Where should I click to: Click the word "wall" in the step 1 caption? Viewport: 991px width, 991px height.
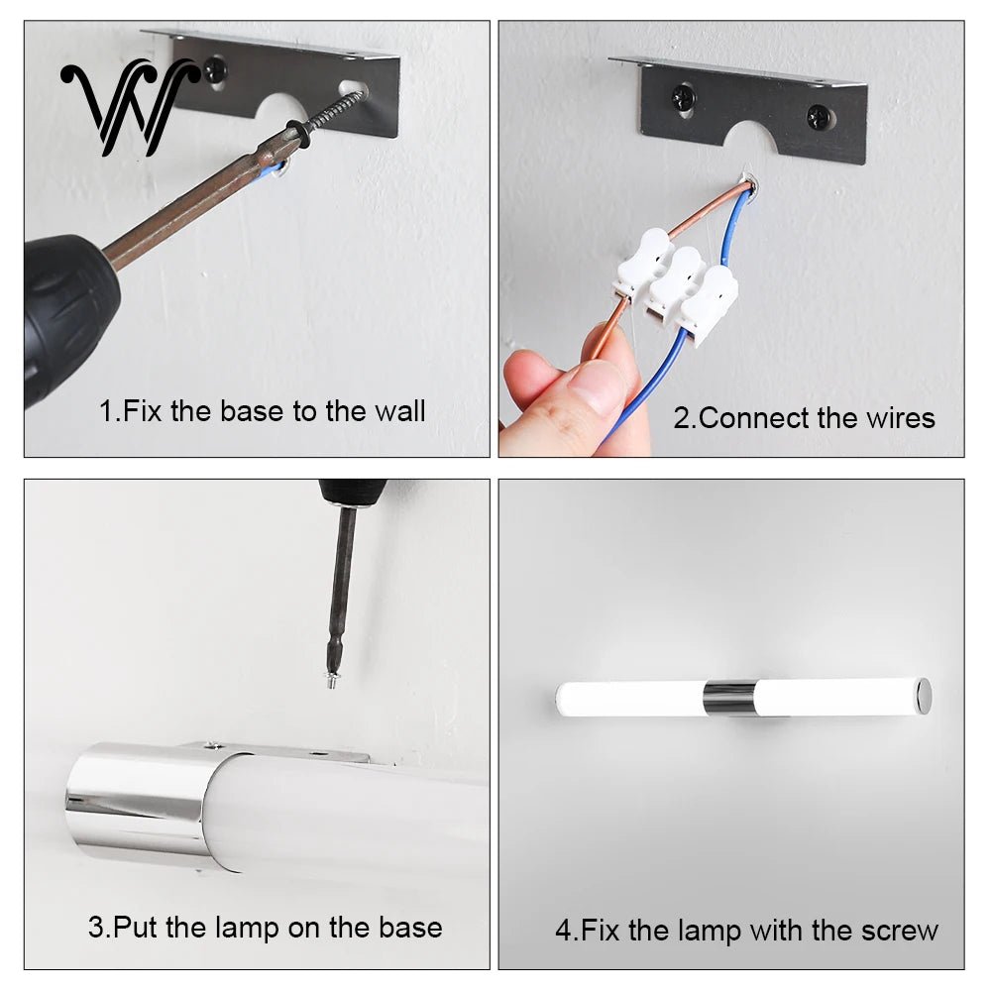pos(399,411)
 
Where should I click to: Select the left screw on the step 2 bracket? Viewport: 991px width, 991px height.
pos(683,98)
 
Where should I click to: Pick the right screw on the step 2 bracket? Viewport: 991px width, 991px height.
pos(820,117)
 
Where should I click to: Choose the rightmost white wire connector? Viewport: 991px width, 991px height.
pos(710,305)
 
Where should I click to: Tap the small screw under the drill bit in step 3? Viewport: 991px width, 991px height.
pos(332,680)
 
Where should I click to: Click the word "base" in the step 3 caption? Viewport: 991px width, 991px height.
pos(411,928)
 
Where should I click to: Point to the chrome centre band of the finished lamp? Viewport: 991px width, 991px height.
pos(729,699)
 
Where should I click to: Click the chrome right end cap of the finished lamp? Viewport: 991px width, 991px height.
pos(924,697)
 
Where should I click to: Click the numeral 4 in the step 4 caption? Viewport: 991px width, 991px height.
pos(563,931)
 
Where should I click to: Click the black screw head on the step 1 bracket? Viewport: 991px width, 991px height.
pos(216,69)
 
